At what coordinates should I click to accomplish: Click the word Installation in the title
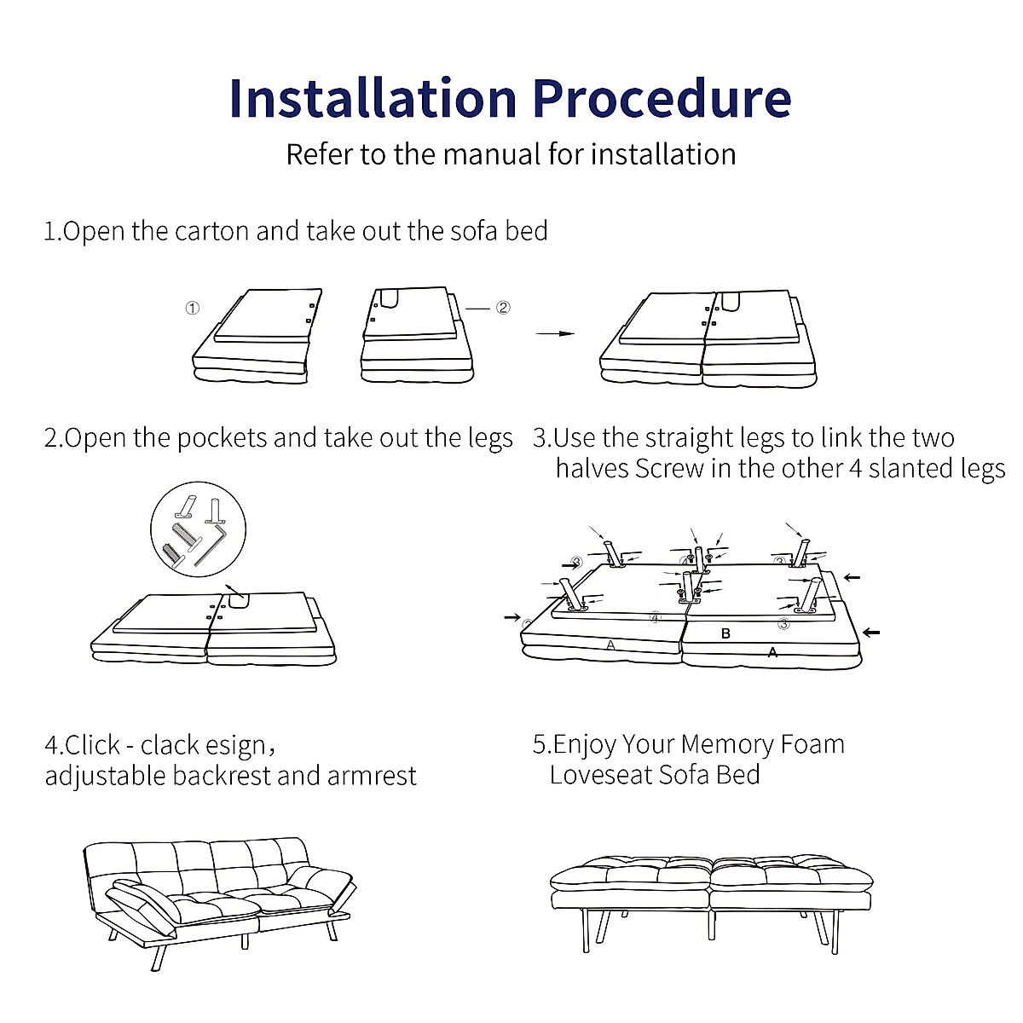pos(373,98)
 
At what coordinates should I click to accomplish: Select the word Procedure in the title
pos(662,98)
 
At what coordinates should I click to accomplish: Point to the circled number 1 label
pos(193,308)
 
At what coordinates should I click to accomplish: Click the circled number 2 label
pos(503,307)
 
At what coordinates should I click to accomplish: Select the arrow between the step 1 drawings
pos(555,333)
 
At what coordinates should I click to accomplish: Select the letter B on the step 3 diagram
pos(725,633)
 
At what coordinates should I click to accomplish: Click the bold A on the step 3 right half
pos(772,652)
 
